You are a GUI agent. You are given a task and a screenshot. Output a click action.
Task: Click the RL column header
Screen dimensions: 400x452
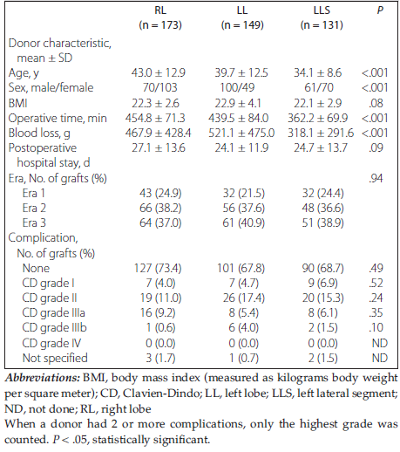click(160, 10)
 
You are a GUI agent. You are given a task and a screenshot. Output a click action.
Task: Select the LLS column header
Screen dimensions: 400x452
click(322, 10)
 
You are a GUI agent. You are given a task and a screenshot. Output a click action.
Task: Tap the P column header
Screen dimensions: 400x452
click(380, 10)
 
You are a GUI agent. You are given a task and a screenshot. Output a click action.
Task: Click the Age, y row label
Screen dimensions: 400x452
click(24, 73)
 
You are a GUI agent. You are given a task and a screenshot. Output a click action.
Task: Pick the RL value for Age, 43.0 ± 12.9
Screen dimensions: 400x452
click(158, 72)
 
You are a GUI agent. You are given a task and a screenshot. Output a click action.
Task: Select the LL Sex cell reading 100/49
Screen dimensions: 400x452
click(237, 87)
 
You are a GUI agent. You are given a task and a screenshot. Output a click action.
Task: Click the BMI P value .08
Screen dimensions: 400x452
click(376, 103)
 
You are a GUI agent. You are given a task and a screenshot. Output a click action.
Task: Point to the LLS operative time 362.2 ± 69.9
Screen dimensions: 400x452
click(317, 118)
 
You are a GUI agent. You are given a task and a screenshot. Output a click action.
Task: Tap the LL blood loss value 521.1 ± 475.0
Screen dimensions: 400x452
click(241, 133)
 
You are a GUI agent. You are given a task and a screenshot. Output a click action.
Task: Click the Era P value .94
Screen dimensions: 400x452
click(376, 178)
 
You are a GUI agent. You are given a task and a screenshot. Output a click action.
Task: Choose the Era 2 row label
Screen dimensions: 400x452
click(34, 208)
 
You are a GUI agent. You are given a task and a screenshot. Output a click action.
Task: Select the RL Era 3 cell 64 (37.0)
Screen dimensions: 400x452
click(160, 223)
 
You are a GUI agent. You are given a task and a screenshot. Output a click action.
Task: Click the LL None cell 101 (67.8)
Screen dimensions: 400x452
click(241, 268)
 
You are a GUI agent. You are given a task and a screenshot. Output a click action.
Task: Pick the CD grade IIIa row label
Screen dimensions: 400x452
click(53, 312)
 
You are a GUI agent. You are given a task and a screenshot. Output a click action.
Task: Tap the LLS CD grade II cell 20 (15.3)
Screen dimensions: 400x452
click(322, 298)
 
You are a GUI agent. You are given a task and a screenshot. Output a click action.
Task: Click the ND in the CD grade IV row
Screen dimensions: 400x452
click(380, 343)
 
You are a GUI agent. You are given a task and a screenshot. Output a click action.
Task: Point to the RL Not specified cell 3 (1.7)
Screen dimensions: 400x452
click(160, 358)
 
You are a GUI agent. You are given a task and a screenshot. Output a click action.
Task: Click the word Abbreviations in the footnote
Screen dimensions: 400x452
click(43, 378)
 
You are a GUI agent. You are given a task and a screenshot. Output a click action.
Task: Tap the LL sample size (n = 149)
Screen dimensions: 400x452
click(242, 25)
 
